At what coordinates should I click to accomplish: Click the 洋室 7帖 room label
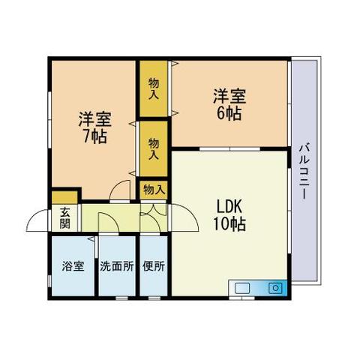95,128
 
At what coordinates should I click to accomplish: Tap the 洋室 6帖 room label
229,105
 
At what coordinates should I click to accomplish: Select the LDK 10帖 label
229,215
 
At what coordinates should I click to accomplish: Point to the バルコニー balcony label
304,171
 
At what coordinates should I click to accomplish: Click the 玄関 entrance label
65,218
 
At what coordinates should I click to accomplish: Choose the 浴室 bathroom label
73,266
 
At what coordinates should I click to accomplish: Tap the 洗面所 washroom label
117,266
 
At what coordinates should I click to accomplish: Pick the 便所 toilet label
154,266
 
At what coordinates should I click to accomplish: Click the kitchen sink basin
242,288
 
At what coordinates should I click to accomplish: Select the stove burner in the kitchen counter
275,288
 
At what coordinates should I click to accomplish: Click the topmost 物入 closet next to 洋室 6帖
154,88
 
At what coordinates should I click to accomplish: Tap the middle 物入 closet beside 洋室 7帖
154,148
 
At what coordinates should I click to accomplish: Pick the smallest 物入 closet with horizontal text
154,190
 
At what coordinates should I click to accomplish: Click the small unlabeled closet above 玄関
64,197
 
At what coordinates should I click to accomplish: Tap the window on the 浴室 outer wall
49,281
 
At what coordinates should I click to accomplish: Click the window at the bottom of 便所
154,298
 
